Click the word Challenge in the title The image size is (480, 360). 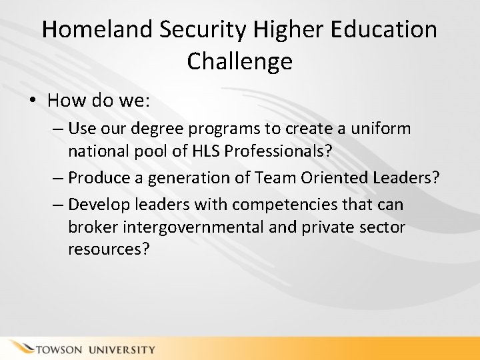(240, 61)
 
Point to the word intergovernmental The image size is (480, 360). (191, 227)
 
